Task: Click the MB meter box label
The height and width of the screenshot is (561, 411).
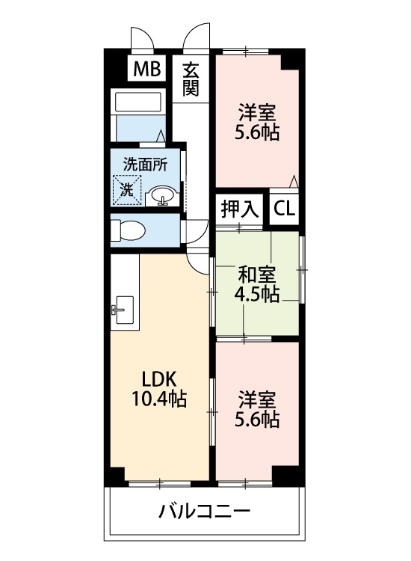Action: click(147, 70)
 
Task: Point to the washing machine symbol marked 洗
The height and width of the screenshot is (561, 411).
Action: click(126, 189)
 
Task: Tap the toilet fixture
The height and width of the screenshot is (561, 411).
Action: click(128, 232)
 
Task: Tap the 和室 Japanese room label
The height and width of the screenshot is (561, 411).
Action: click(259, 273)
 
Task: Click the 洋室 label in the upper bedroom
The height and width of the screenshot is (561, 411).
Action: click(259, 114)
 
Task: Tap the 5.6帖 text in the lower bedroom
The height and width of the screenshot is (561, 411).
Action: click(259, 419)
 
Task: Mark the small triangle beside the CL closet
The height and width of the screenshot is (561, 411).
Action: click(294, 181)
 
